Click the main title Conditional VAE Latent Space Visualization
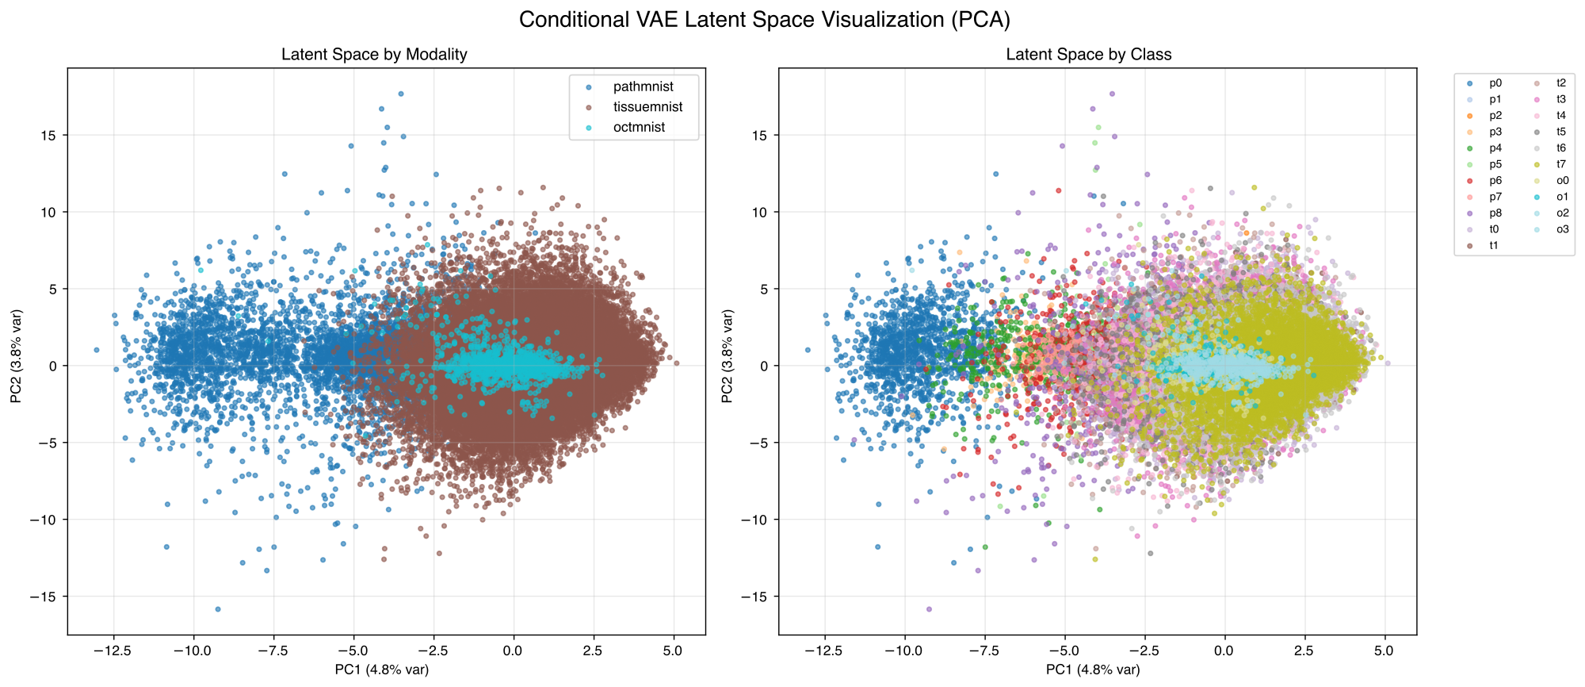tap(764, 20)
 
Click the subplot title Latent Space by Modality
tap(374, 55)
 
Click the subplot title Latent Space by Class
tap(1088, 55)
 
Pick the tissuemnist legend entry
tap(647, 107)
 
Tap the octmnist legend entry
tap(639, 128)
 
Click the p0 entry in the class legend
tap(1495, 83)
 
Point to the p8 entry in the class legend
tap(1495, 213)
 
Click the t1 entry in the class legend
tap(1493, 246)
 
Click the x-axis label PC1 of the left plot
tap(382, 670)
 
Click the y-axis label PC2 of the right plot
tap(728, 355)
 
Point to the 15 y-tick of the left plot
tap(49, 136)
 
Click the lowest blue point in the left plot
tap(218, 609)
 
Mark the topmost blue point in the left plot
tap(401, 94)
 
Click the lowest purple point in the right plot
tap(929, 609)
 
